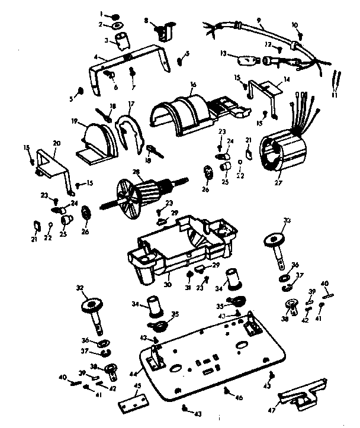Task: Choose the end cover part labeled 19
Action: coord(98,140)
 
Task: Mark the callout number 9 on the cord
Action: coord(259,20)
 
